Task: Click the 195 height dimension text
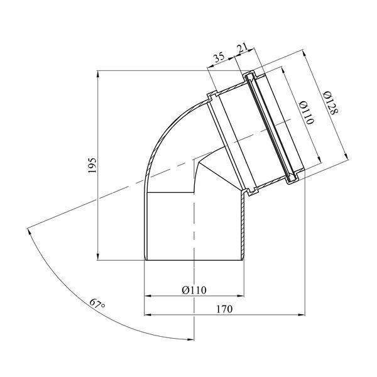coord(92,165)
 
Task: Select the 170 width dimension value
coord(224,309)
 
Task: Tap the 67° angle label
coord(97,304)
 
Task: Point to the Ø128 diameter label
coord(331,102)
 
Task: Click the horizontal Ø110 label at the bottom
coord(194,290)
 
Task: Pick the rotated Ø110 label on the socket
coord(307,112)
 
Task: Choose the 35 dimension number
coord(219,58)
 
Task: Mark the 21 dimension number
coord(243,49)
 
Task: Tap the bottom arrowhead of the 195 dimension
coord(97,256)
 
